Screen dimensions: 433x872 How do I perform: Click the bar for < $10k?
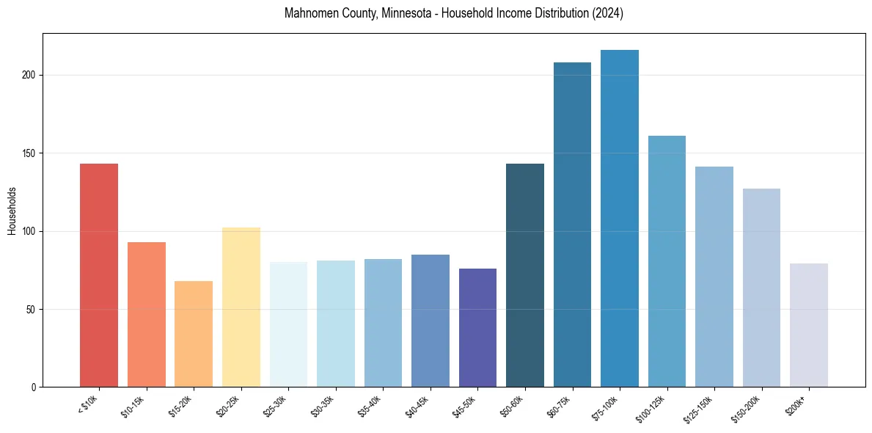(x=99, y=275)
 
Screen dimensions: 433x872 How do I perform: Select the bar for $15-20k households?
(x=194, y=334)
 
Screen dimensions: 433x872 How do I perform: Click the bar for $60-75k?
(x=572, y=225)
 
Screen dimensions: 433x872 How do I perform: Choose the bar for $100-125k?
(x=667, y=261)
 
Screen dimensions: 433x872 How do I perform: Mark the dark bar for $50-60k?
(x=525, y=275)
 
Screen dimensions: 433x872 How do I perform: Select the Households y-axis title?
(x=12, y=211)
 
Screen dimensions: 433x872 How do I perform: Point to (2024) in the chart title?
(x=609, y=14)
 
